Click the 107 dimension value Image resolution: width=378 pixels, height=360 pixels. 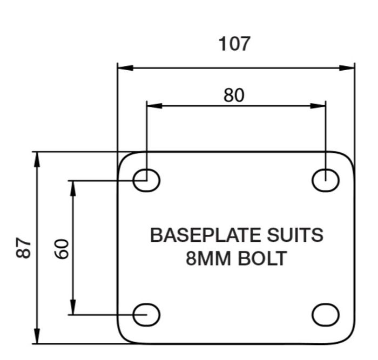click(234, 44)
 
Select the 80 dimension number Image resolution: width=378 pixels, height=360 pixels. click(234, 95)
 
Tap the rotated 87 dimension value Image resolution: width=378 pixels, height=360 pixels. click(23, 248)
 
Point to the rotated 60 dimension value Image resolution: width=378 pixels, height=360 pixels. click(62, 249)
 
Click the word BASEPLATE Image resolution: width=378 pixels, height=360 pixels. click(205, 235)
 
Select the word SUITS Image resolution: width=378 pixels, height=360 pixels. click(295, 235)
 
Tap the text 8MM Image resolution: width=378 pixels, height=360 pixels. click(208, 259)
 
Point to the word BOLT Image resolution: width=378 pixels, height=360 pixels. click(262, 259)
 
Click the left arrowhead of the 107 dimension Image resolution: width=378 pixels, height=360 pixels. click(125, 68)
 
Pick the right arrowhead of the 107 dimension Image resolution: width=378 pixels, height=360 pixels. click(347, 68)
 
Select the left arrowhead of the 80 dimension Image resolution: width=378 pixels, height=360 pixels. click(154, 106)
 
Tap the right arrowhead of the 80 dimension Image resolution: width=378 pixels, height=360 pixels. click(318, 106)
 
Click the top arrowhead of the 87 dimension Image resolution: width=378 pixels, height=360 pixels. click(37, 160)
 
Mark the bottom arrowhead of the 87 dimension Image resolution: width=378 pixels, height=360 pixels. click(37, 336)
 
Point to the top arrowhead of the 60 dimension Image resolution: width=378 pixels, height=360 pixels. click(73, 188)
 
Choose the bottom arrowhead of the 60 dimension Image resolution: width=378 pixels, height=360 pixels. click(73, 307)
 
